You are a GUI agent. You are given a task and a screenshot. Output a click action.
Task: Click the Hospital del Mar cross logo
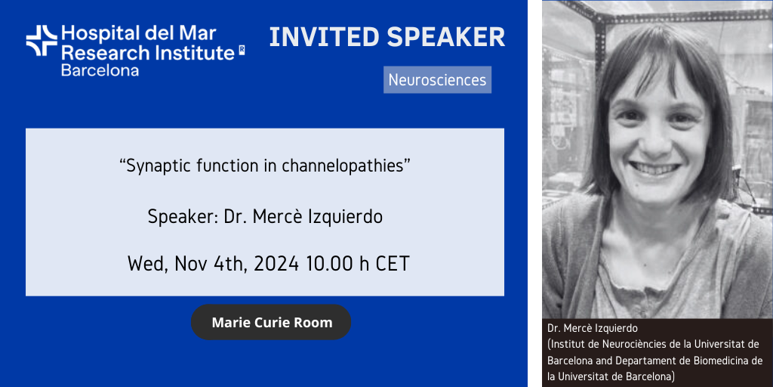(x=42, y=41)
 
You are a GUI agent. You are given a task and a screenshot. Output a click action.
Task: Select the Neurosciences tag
(x=437, y=80)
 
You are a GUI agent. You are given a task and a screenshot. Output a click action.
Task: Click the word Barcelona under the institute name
(x=100, y=70)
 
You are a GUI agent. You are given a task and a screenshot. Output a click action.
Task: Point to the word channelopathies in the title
(x=346, y=166)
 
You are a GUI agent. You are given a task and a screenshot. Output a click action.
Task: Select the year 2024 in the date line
(x=276, y=264)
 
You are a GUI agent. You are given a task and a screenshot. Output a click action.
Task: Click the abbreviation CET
(x=393, y=264)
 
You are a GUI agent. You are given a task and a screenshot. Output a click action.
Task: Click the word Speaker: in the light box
(x=182, y=218)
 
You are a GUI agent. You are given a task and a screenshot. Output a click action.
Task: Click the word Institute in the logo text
(x=186, y=52)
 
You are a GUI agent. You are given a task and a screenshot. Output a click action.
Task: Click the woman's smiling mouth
(x=656, y=169)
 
